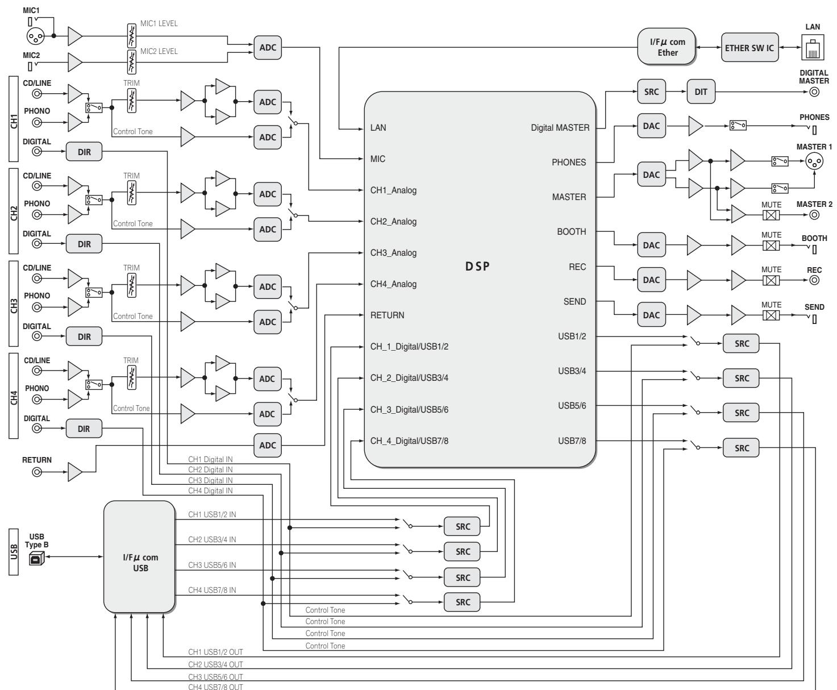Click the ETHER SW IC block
pos(749,47)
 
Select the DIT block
pos(700,92)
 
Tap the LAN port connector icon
pos(812,47)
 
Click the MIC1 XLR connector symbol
pos(35,36)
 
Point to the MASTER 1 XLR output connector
pos(814,161)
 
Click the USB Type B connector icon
pos(36,558)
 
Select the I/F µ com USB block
pos(140,556)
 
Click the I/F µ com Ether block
pos(666,47)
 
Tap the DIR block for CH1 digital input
pos(84,152)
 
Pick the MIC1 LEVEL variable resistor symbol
pos(131,36)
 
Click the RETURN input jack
pos(37,472)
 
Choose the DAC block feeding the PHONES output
pos(651,126)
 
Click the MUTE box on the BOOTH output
pos(771,246)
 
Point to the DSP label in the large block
pos(477,266)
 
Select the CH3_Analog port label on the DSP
pos(393,253)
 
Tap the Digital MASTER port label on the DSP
pos(560,127)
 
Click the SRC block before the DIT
pos(651,92)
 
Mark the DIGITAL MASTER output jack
pos(814,92)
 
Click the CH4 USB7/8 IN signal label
pos(212,590)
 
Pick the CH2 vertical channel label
pos(14,211)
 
